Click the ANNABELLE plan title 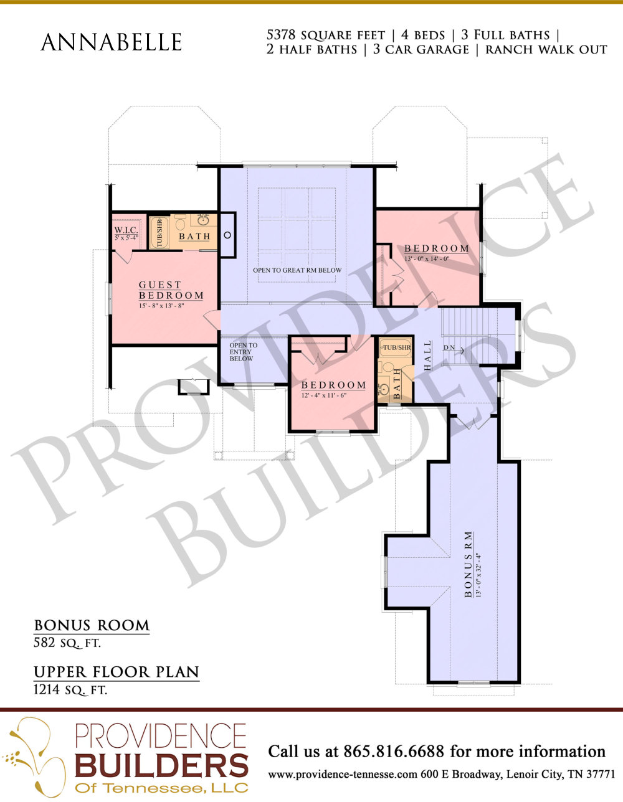tap(111, 42)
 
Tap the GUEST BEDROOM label tap(171, 290)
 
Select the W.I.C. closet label tap(126, 230)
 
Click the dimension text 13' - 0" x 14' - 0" tap(427, 259)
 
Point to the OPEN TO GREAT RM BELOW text tap(297, 270)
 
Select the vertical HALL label tap(427, 356)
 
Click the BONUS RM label tap(468, 564)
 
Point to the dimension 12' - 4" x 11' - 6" tap(324, 395)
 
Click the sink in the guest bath tap(203, 220)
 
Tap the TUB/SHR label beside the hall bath tap(397, 347)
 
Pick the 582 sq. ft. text tap(67, 643)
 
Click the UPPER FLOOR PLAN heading tap(117, 672)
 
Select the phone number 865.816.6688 tap(394, 751)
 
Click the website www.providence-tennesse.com tap(343, 775)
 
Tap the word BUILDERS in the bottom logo tap(161, 765)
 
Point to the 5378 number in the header tap(281, 35)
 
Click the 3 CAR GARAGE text tap(421, 49)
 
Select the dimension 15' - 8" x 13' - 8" tap(161, 306)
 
